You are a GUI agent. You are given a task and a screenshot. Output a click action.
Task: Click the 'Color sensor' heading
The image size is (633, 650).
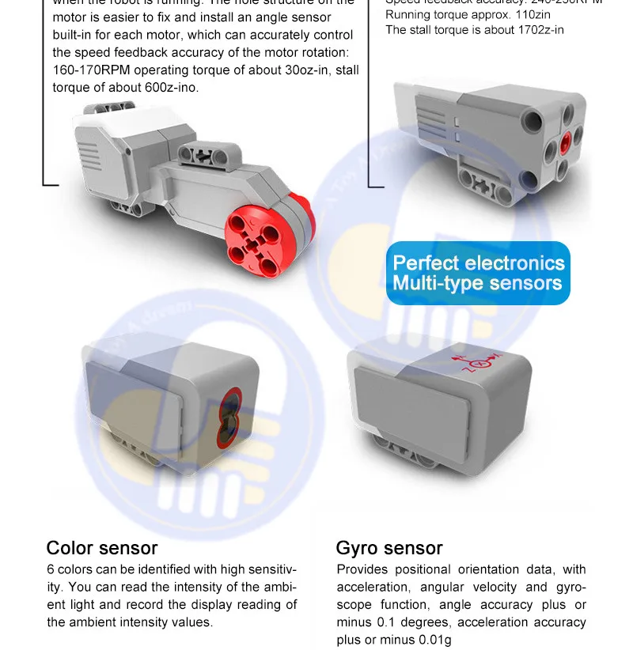(102, 548)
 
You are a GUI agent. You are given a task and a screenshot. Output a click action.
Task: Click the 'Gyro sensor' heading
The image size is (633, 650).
(389, 548)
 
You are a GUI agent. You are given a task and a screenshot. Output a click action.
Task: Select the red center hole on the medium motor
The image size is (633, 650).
(564, 143)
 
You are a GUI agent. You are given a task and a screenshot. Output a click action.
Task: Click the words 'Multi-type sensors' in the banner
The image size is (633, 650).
(478, 284)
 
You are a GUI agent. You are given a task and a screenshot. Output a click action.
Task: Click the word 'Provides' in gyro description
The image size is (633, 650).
(361, 569)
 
